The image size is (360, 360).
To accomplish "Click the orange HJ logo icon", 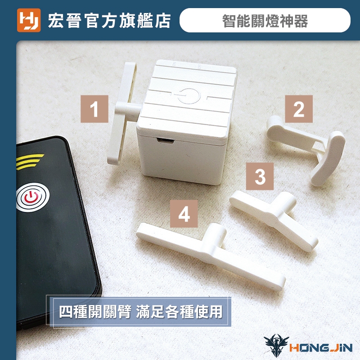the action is pos(29,20).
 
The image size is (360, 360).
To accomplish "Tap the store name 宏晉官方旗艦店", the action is pos(109,21).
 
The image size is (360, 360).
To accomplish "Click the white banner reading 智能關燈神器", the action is pos(265,20).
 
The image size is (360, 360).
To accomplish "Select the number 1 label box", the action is pos(94,109).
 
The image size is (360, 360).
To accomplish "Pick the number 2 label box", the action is pos(299,109).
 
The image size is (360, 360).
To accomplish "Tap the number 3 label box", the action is pos(260,176).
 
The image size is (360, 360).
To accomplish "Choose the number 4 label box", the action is pos(184,213).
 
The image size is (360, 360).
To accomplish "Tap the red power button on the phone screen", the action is pos(31,198).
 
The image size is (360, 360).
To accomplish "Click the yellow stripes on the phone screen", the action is pos(29,162).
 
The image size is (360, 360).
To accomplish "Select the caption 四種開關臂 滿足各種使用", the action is pos(140,311).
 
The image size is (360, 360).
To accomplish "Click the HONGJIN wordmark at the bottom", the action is pos(321,348).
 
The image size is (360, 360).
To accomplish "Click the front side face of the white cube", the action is pos(181,161).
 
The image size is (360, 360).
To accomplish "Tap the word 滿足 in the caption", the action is pos(150,311).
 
